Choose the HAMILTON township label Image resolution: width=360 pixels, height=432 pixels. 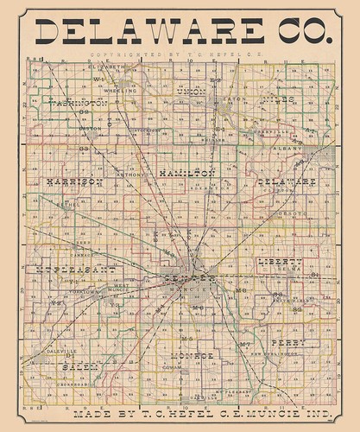pyautogui.click(x=186, y=174)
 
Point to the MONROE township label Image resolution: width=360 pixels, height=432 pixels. pyautogui.click(x=190, y=355)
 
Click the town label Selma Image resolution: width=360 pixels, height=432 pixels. pyautogui.click(x=290, y=269)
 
